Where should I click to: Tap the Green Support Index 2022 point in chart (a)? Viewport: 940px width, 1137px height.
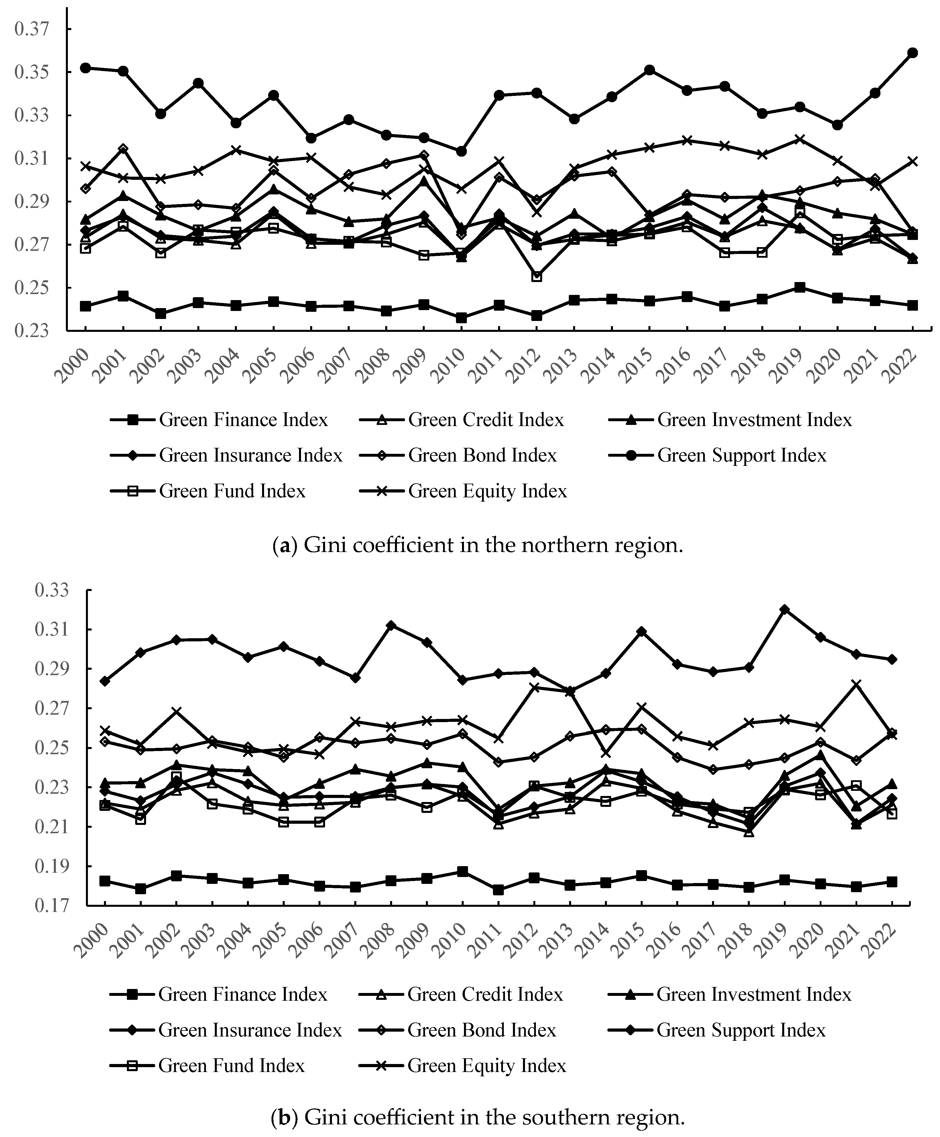913,52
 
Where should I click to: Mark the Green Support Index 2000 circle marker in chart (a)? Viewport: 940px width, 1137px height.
85,68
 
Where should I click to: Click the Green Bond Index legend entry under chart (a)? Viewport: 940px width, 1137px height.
482,455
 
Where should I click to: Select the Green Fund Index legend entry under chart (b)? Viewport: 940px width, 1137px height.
231,1066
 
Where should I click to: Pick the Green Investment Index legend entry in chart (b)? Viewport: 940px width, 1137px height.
754,994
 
